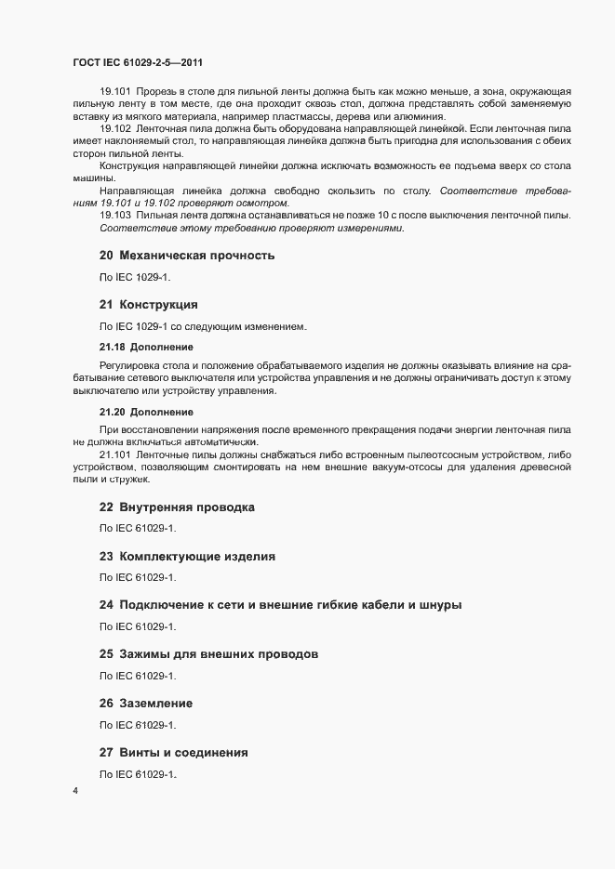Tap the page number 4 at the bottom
pos(75,792)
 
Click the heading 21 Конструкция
pos(148,305)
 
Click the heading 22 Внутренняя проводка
pos(176,507)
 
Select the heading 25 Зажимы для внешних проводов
pos(208,654)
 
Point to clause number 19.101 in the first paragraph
pos(115,92)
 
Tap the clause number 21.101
pos(115,454)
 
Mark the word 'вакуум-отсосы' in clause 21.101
pos(443,467)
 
